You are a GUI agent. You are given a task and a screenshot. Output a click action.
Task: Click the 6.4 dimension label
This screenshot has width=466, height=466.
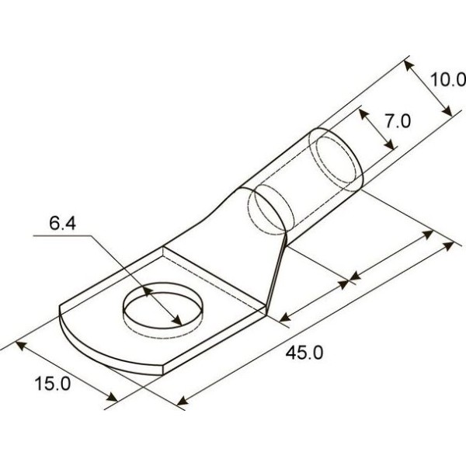point(62,224)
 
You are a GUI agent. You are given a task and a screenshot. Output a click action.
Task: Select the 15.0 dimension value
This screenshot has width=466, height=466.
point(53,383)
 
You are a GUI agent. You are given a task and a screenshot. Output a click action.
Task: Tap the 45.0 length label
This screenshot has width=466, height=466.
point(304,353)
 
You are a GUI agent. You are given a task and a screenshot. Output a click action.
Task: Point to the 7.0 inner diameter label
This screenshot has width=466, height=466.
point(398,121)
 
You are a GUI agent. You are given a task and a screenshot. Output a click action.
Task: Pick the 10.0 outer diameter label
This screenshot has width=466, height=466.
point(448,80)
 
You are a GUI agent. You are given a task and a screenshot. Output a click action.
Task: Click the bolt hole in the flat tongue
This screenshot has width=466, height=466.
point(163,309)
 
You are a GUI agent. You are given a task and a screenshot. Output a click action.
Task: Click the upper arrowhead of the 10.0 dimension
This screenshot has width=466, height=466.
point(409,67)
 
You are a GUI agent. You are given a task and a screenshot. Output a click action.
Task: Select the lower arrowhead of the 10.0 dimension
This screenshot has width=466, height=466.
point(447,110)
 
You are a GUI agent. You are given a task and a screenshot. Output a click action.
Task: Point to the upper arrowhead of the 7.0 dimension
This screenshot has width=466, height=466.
point(363,114)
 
